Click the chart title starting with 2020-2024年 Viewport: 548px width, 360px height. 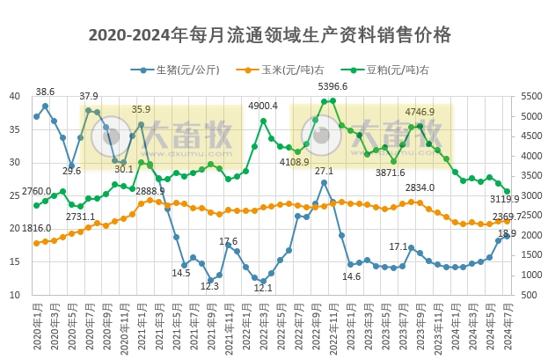click(x=270, y=35)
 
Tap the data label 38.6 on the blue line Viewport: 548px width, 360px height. click(x=45, y=92)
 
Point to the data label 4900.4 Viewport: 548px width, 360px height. click(x=262, y=107)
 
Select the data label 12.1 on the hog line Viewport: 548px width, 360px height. click(x=262, y=288)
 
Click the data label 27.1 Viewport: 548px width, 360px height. click(x=324, y=171)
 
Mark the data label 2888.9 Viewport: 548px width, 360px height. click(x=150, y=191)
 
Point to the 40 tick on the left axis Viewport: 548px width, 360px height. click(x=15, y=96)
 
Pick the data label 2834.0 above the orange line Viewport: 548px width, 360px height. click(x=420, y=187)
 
